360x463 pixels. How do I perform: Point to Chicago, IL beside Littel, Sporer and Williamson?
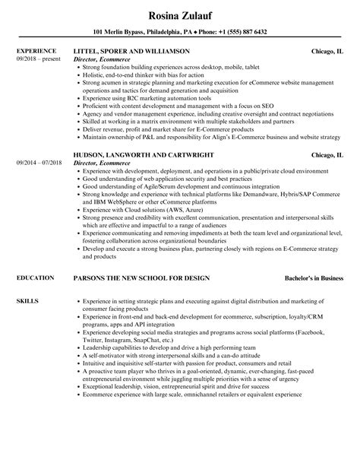pyautogui.click(x=327, y=52)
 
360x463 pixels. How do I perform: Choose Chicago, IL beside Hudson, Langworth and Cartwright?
pyautogui.click(x=327, y=155)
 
